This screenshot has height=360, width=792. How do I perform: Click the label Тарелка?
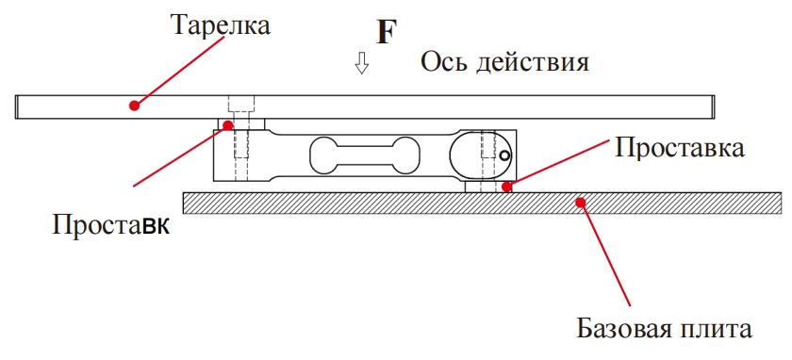(x=220, y=25)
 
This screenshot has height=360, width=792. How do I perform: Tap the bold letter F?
(x=387, y=33)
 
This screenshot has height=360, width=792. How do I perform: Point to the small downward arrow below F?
(x=362, y=65)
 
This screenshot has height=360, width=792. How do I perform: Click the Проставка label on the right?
(x=680, y=147)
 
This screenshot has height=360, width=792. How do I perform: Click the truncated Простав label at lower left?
(x=111, y=226)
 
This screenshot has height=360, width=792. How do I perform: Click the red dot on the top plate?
(x=135, y=106)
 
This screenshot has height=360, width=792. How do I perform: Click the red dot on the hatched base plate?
(x=582, y=201)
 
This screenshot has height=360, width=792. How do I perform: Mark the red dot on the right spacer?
(x=507, y=187)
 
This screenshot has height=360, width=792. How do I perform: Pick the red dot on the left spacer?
(x=227, y=123)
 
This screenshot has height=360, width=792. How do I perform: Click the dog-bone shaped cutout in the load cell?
(x=363, y=155)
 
